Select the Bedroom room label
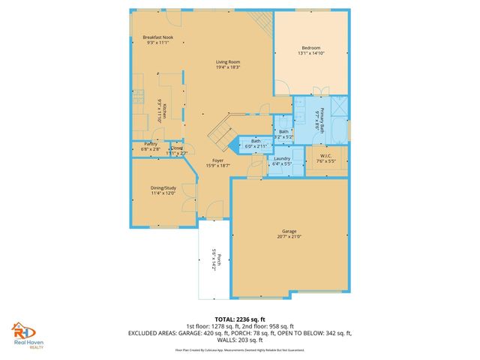tap(310, 46)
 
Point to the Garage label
tap(289, 231)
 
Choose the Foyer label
tap(217, 160)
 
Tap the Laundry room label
tap(282, 158)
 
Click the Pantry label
tap(150, 143)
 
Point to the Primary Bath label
tap(322, 119)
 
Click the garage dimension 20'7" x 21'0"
tap(289, 237)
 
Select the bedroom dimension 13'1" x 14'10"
tap(310, 52)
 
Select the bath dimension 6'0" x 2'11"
tap(256, 146)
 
